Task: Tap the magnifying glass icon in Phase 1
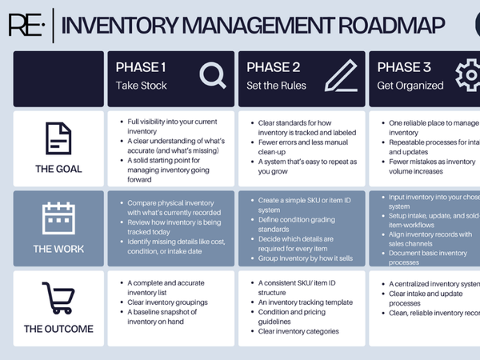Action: (213, 76)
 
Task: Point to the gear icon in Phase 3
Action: (468, 76)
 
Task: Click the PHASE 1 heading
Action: (142, 67)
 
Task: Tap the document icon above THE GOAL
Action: (58, 139)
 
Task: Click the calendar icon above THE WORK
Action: (58, 218)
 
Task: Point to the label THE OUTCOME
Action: (58, 329)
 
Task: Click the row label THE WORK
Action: (58, 249)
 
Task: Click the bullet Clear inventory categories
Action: (298, 331)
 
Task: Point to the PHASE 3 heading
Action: (404, 67)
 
